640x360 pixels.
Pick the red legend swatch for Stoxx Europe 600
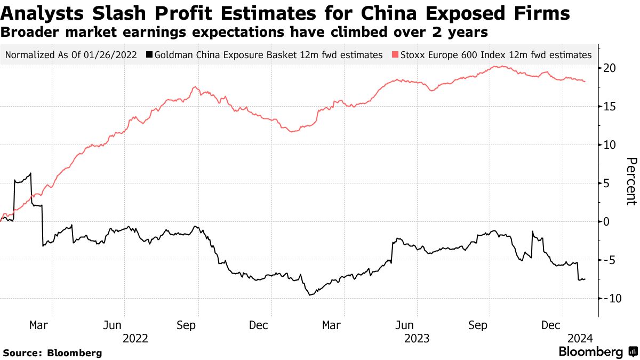pos(395,54)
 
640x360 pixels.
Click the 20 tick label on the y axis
pos(610,68)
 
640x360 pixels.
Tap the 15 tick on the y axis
pos(610,107)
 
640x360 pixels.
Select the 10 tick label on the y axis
pos(610,145)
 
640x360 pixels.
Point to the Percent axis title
pos(631,181)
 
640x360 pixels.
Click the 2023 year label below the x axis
pos(417,338)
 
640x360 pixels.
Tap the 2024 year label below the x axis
pos(579,338)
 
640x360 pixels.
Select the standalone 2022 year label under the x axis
pos(135,338)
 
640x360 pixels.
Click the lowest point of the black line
pos(309,295)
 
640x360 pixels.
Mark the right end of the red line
pos(586,82)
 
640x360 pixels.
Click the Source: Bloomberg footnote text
pos(52,353)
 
